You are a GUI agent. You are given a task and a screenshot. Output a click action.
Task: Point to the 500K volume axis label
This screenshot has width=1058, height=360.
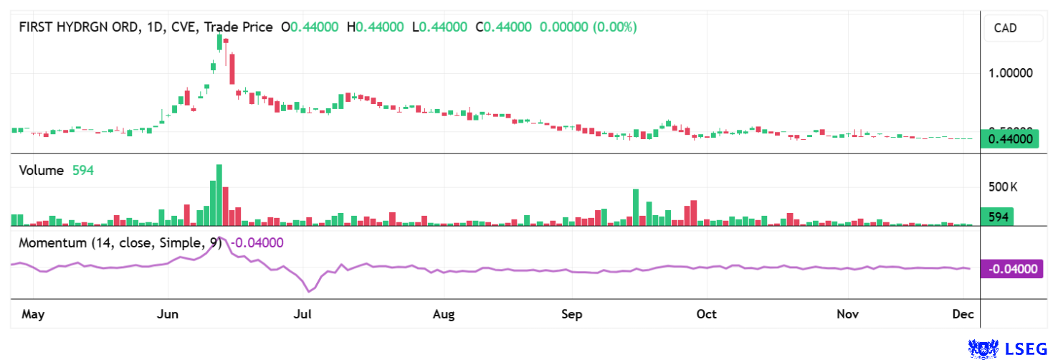(x=1003, y=188)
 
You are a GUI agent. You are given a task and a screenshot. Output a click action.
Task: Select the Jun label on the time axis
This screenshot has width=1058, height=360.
(x=168, y=314)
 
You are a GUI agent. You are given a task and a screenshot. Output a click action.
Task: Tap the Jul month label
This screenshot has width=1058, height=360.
(x=302, y=314)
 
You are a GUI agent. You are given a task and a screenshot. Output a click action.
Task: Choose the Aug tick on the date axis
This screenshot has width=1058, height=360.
(x=444, y=314)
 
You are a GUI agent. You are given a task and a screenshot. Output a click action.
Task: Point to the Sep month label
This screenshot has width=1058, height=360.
(x=572, y=314)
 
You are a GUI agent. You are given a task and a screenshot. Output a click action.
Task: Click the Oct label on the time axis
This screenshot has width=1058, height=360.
(x=707, y=314)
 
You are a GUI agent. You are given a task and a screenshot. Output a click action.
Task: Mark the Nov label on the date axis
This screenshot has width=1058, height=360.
(x=848, y=314)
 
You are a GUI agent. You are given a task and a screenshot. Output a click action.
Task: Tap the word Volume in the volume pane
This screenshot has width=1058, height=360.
(x=42, y=171)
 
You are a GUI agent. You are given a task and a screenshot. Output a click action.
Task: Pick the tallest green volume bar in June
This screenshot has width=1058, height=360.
(x=219, y=195)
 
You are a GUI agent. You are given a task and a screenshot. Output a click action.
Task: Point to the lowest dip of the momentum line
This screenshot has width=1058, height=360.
(x=309, y=291)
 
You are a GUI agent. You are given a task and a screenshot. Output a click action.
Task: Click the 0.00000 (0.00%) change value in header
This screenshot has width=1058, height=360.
(x=588, y=27)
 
